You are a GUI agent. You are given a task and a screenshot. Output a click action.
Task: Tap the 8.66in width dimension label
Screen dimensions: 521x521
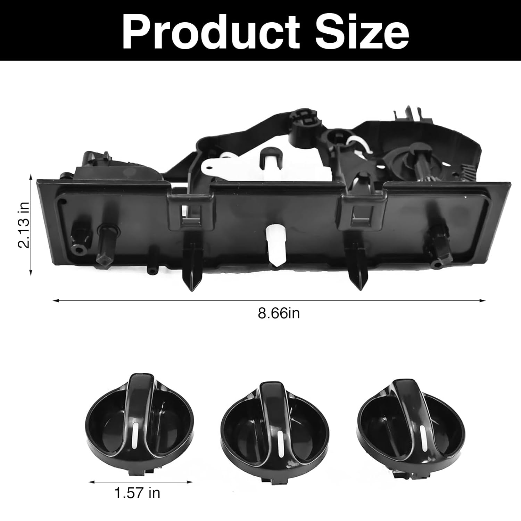[x=279, y=313]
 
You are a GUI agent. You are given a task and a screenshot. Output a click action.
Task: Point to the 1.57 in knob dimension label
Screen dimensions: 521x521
[x=137, y=493]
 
